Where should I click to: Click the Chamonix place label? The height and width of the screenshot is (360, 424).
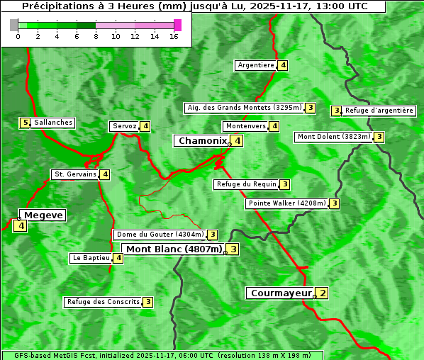[202, 141]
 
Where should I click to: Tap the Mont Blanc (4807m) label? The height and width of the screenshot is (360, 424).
[174, 249]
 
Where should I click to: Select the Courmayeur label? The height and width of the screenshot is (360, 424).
[281, 293]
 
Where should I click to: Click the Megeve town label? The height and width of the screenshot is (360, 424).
[44, 215]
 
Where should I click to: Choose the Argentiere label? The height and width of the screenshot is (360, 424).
[256, 65]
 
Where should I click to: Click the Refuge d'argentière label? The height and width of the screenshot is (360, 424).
[379, 111]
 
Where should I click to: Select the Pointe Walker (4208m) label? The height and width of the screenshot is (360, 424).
[287, 203]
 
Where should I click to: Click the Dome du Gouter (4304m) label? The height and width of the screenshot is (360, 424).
[160, 235]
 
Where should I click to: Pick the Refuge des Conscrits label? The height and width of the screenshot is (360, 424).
[104, 302]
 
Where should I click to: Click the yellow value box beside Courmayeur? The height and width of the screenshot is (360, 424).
[323, 293]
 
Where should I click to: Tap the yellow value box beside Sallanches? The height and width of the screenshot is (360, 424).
[26, 123]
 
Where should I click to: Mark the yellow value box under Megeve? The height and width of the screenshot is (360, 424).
[20, 226]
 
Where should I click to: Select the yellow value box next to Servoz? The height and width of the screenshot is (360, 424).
[145, 126]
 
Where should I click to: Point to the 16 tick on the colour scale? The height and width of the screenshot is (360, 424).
[174, 36]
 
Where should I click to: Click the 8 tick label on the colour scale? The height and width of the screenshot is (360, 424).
[96, 36]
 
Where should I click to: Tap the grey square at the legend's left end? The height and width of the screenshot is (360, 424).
[14, 25]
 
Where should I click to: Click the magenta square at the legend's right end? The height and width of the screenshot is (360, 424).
[177, 25]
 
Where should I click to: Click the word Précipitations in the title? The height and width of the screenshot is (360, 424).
[57, 6]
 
